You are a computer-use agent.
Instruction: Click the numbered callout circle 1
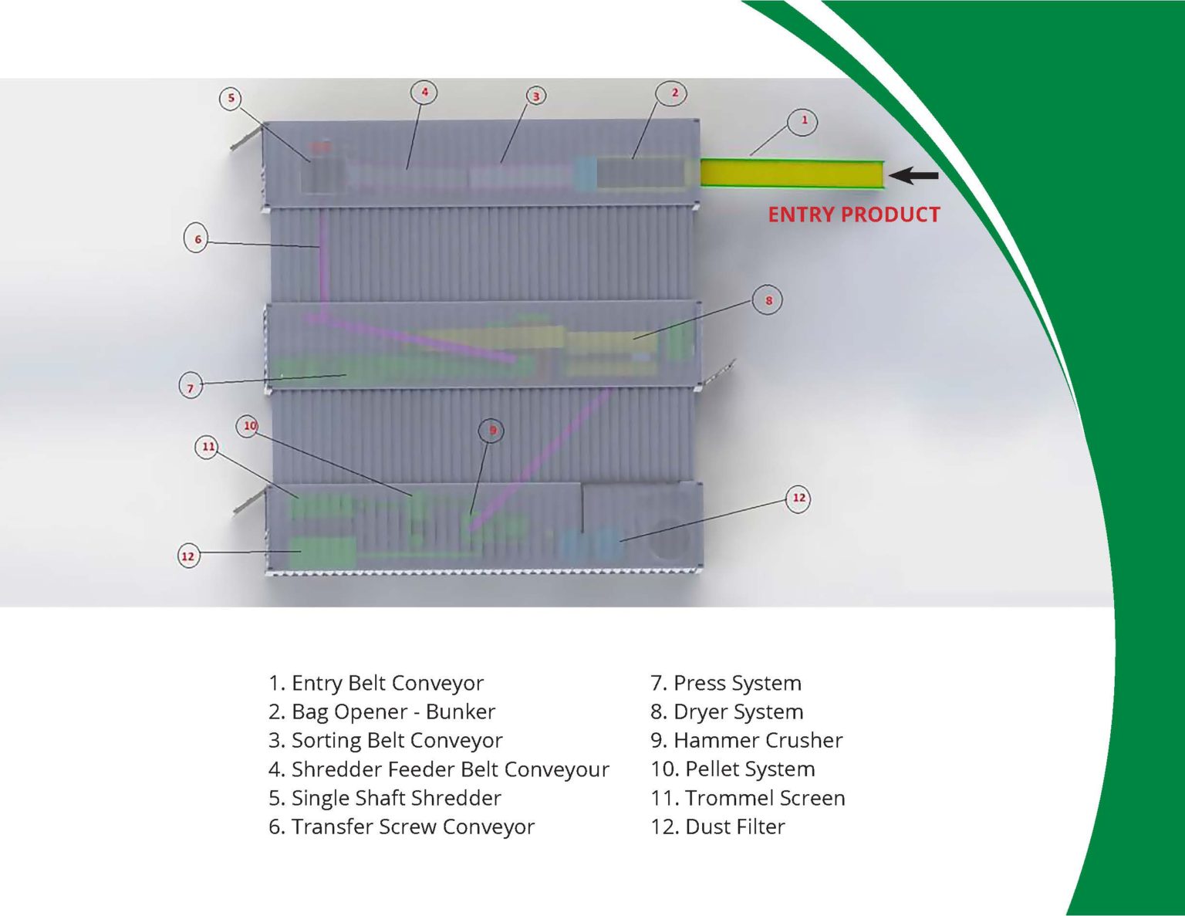pyautogui.click(x=803, y=121)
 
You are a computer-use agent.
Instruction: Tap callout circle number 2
pyautogui.click(x=674, y=93)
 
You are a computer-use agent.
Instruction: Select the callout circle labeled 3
pyautogui.click(x=535, y=96)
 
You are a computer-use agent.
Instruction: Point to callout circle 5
pyautogui.click(x=231, y=98)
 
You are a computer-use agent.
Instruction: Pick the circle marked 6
pyautogui.click(x=197, y=239)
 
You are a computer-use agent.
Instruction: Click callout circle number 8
pyautogui.click(x=768, y=300)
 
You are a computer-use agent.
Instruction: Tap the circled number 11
pyautogui.click(x=208, y=447)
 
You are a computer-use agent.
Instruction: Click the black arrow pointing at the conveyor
pyautogui.click(x=913, y=176)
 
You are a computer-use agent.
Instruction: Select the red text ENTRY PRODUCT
pyautogui.click(x=853, y=215)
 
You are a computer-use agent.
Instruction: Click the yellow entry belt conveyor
pyautogui.click(x=792, y=173)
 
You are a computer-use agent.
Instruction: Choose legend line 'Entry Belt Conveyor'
pyautogui.click(x=376, y=683)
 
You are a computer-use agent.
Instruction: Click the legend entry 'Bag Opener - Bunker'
pyautogui.click(x=381, y=712)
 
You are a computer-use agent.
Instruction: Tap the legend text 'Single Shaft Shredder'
pyautogui.click(x=384, y=798)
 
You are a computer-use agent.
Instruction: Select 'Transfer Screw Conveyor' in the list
pyautogui.click(x=401, y=826)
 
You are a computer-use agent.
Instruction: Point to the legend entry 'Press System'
pyautogui.click(x=725, y=683)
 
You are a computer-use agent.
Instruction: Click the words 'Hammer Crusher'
pyautogui.click(x=746, y=740)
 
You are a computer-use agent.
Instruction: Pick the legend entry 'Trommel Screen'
pyautogui.click(x=748, y=798)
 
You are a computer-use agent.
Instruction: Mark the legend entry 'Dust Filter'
pyautogui.click(x=717, y=826)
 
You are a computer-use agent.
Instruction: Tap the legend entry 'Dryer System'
pyautogui.click(x=727, y=712)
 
